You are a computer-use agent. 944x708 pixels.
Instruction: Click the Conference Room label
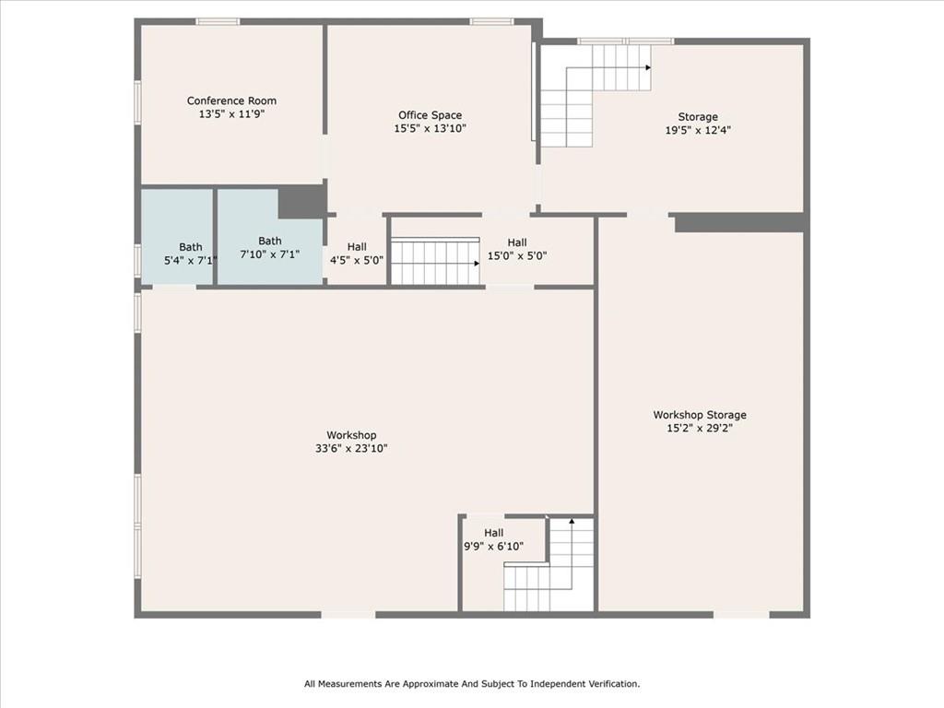point(231,100)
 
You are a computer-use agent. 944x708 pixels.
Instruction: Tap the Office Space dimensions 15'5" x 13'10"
point(430,128)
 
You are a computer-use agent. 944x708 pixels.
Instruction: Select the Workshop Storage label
point(700,415)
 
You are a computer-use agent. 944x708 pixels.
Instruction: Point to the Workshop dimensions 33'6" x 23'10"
point(351,449)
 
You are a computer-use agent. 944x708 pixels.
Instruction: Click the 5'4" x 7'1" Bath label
point(190,254)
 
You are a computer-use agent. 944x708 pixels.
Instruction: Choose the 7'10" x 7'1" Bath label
point(270,247)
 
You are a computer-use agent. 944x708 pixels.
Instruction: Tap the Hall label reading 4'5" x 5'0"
point(357,254)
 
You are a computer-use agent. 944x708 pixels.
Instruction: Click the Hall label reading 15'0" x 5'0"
point(517,249)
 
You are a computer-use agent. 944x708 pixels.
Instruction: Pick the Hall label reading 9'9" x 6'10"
point(494,539)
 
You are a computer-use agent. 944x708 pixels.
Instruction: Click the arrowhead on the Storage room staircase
point(648,67)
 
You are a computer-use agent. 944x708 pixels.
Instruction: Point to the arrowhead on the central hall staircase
point(477,263)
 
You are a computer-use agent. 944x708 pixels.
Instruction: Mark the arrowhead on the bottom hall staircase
point(572,521)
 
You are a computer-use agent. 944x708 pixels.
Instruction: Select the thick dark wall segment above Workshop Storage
point(740,222)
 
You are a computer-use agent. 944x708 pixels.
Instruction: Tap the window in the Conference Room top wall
point(218,22)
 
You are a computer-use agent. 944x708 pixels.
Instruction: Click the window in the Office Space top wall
point(492,22)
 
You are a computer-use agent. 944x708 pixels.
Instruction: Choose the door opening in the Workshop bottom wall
point(348,615)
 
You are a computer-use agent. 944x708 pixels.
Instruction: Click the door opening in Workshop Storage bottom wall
point(741,615)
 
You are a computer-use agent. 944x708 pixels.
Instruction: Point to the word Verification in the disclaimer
point(608,684)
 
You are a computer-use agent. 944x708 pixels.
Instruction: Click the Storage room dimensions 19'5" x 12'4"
point(698,130)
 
